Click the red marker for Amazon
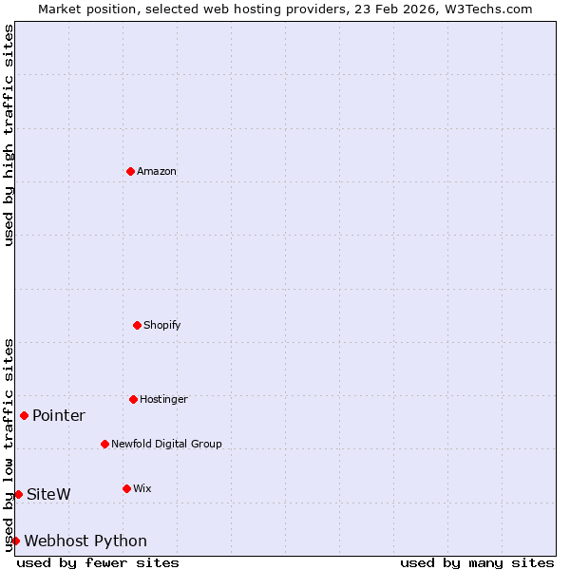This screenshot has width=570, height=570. [130, 171]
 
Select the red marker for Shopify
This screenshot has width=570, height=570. [137, 325]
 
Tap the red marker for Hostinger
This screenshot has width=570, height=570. [133, 399]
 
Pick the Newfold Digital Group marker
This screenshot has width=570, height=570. [104, 444]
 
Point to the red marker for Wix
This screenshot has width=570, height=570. [126, 488]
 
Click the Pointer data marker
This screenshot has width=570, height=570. [24, 415]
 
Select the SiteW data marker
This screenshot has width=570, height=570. [18, 494]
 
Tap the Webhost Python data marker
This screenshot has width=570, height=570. [15, 541]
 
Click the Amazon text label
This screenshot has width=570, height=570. [157, 172]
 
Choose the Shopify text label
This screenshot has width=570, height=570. [162, 326]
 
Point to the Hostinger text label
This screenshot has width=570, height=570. [163, 400]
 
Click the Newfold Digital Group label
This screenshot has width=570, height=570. [166, 445]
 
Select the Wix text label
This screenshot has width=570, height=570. [142, 489]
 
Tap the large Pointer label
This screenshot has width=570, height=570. [59, 416]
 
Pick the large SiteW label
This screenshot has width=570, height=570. [48, 495]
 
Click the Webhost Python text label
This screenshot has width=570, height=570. [85, 541]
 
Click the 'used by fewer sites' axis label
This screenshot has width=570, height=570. [98, 562]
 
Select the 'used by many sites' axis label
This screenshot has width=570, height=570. [477, 562]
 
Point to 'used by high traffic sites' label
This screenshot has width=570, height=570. [9, 135]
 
